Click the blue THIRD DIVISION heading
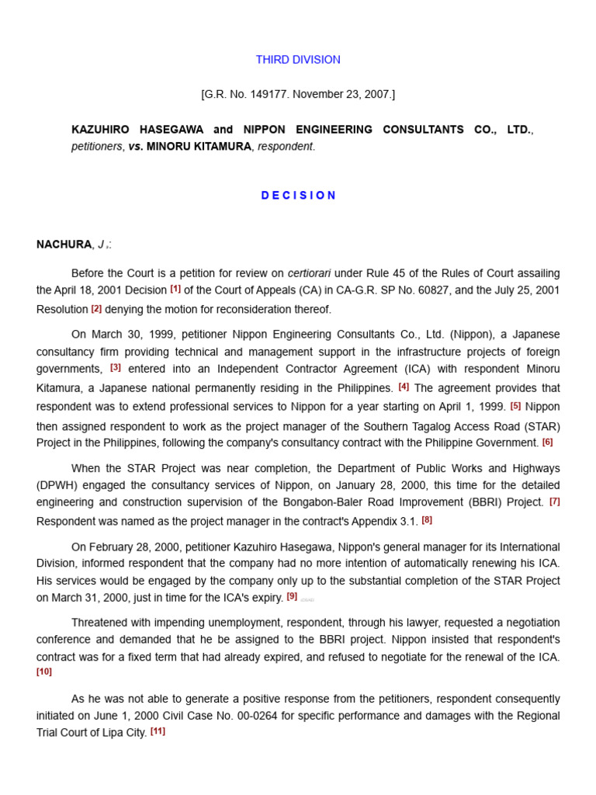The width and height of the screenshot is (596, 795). click(298, 60)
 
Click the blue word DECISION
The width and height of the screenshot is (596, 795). click(299, 196)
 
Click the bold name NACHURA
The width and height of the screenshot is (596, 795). click(64, 245)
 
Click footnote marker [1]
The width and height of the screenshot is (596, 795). click(175, 289)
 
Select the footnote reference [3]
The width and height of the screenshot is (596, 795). click(116, 367)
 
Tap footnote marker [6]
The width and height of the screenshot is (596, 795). click(547, 442)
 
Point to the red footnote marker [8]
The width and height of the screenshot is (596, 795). click(427, 519)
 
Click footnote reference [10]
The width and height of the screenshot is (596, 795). click(44, 672)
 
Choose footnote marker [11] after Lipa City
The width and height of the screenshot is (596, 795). click(158, 731)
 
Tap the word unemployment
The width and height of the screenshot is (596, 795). click(250, 623)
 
